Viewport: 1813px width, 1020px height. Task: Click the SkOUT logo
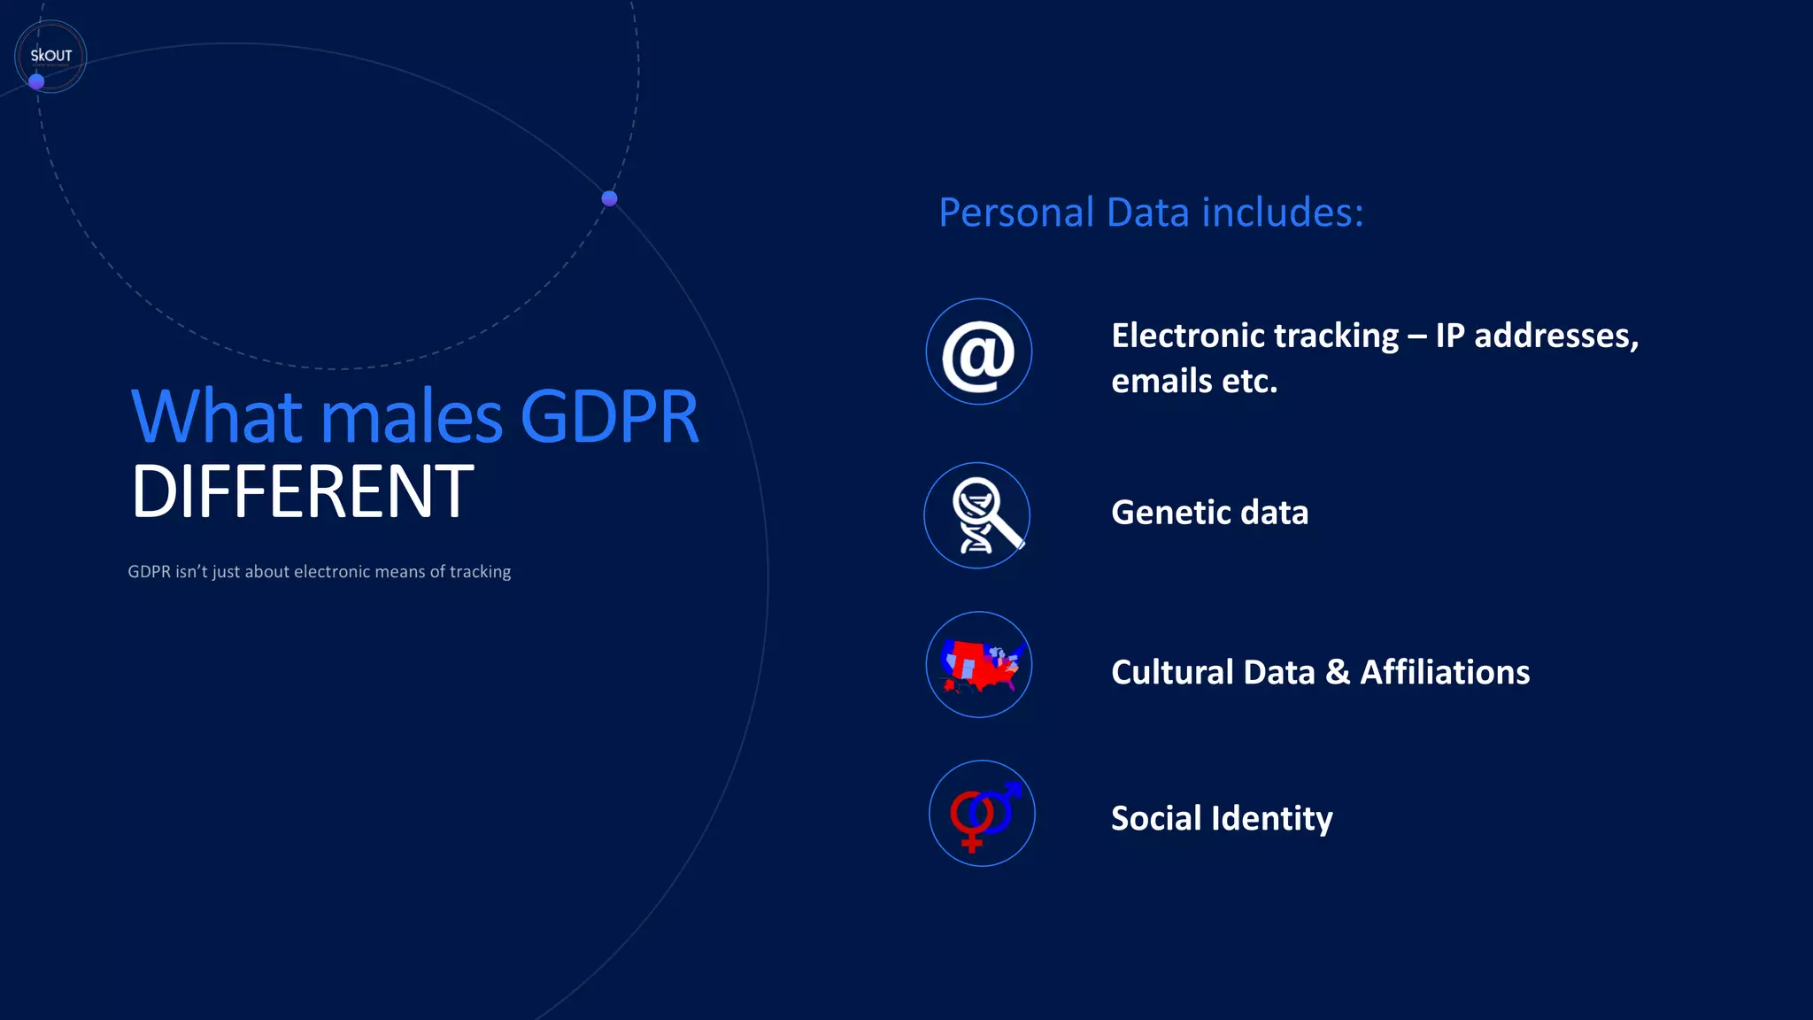pyautogui.click(x=50, y=56)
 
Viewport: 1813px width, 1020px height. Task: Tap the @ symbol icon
pyautogui.click(x=978, y=352)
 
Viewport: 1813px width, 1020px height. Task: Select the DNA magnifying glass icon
pyautogui.click(x=977, y=515)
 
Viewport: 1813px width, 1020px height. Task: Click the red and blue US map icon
pyautogui.click(x=979, y=665)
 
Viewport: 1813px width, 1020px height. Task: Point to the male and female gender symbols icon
pyautogui.click(x=982, y=814)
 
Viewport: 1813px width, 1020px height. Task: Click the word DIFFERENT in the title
pyautogui.click(x=302, y=492)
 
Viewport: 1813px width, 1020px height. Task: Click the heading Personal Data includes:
pyautogui.click(x=1151, y=212)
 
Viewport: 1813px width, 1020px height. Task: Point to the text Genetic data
pyautogui.click(x=1209, y=513)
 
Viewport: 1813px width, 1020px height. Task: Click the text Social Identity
pyautogui.click(x=1222, y=818)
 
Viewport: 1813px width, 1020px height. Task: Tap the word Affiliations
pyautogui.click(x=1445, y=672)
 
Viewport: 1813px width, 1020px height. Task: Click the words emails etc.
pyautogui.click(x=1194, y=382)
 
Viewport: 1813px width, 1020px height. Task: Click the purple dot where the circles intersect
pyautogui.click(x=609, y=198)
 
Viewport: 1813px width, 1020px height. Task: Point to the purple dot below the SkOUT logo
pyautogui.click(x=36, y=81)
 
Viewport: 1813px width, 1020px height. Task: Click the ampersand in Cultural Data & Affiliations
pyautogui.click(x=1337, y=672)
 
